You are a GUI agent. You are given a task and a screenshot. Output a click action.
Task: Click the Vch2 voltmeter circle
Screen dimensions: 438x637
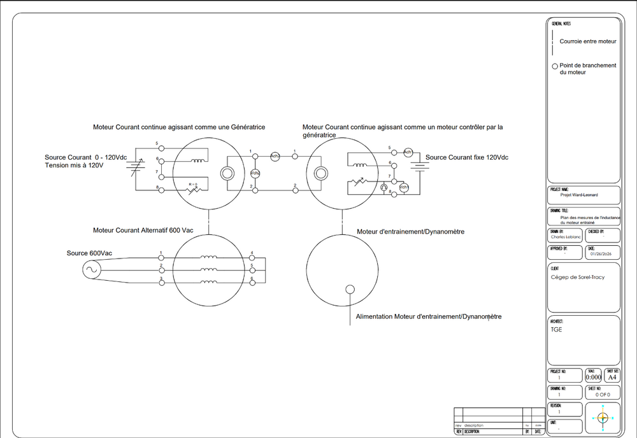[255, 173]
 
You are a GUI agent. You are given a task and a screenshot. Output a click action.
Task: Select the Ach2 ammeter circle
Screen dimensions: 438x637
[275, 156]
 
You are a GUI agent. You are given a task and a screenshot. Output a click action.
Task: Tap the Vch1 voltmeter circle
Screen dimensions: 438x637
[404, 187]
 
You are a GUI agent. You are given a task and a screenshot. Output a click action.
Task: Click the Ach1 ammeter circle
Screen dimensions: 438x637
[408, 152]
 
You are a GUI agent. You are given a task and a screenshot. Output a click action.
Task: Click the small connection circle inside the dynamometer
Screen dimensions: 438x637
[350, 290]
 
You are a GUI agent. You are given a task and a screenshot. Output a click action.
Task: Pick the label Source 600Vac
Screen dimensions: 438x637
[89, 253]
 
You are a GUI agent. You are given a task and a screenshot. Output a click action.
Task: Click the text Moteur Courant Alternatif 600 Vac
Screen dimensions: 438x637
[143, 230]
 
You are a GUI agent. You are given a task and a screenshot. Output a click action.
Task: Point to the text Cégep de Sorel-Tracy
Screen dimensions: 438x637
[578, 277]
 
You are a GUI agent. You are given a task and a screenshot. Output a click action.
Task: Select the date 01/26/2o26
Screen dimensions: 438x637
[601, 254]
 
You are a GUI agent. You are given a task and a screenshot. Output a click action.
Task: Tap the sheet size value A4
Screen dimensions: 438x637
[612, 377]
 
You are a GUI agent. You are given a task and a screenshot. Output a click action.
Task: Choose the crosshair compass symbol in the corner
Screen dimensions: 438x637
[603, 418]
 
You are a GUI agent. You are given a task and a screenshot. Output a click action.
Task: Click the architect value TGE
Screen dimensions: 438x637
[557, 330]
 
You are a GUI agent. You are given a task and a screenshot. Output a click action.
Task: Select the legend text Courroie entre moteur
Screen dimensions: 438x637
[588, 41]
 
